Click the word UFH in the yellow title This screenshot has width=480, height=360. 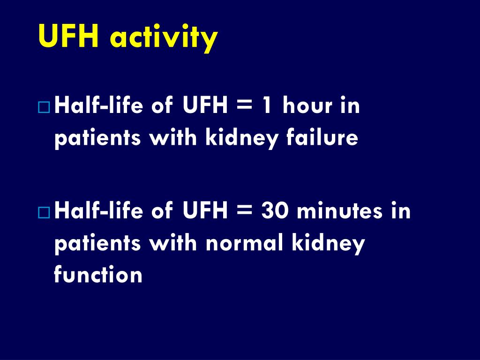68,37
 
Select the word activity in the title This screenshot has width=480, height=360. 164,37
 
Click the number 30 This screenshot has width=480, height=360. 276,211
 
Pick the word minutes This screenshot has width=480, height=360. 340,211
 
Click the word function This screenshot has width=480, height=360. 98,275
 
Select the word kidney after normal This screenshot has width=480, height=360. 329,244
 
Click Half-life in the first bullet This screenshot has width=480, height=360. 100,106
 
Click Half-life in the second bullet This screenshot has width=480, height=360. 100,211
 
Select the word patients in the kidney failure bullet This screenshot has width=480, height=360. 98,139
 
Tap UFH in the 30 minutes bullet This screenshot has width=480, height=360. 204,211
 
